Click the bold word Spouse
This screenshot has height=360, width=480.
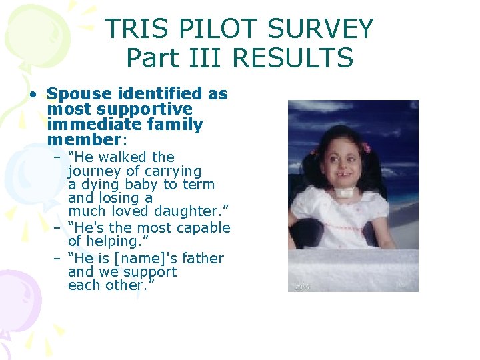pyautogui.click(x=73, y=94)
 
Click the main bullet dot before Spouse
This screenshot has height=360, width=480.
pyautogui.click(x=32, y=95)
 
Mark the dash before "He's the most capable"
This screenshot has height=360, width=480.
pyautogui.click(x=58, y=228)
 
